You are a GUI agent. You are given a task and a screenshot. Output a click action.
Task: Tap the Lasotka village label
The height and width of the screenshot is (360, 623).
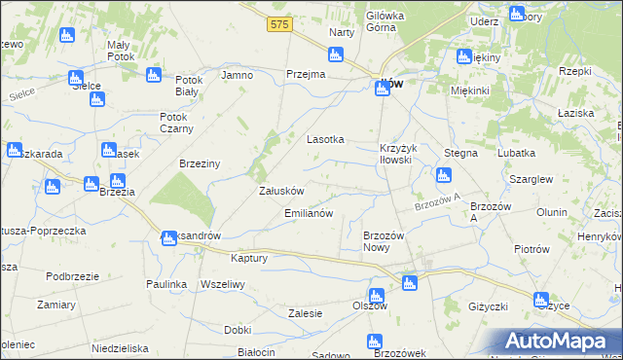pos(326,139)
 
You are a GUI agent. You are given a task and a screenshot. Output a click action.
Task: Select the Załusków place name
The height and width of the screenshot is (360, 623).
pos(282,191)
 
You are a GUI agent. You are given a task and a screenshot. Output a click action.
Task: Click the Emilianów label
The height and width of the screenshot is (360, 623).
pos(309,212)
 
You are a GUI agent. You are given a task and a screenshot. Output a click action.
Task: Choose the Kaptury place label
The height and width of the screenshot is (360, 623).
pos(248,258)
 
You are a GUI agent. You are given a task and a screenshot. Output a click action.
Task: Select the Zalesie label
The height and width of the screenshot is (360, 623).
pos(306,313)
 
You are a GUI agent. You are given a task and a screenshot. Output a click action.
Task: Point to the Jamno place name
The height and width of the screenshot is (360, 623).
pos(238,75)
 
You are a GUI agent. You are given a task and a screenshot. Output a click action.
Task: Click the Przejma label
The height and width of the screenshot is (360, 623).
pos(305,75)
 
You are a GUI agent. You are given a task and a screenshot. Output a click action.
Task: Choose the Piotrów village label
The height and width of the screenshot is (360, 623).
pos(531,248)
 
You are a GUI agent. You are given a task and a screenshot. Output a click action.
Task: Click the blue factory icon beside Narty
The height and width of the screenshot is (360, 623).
pos(336,54)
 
